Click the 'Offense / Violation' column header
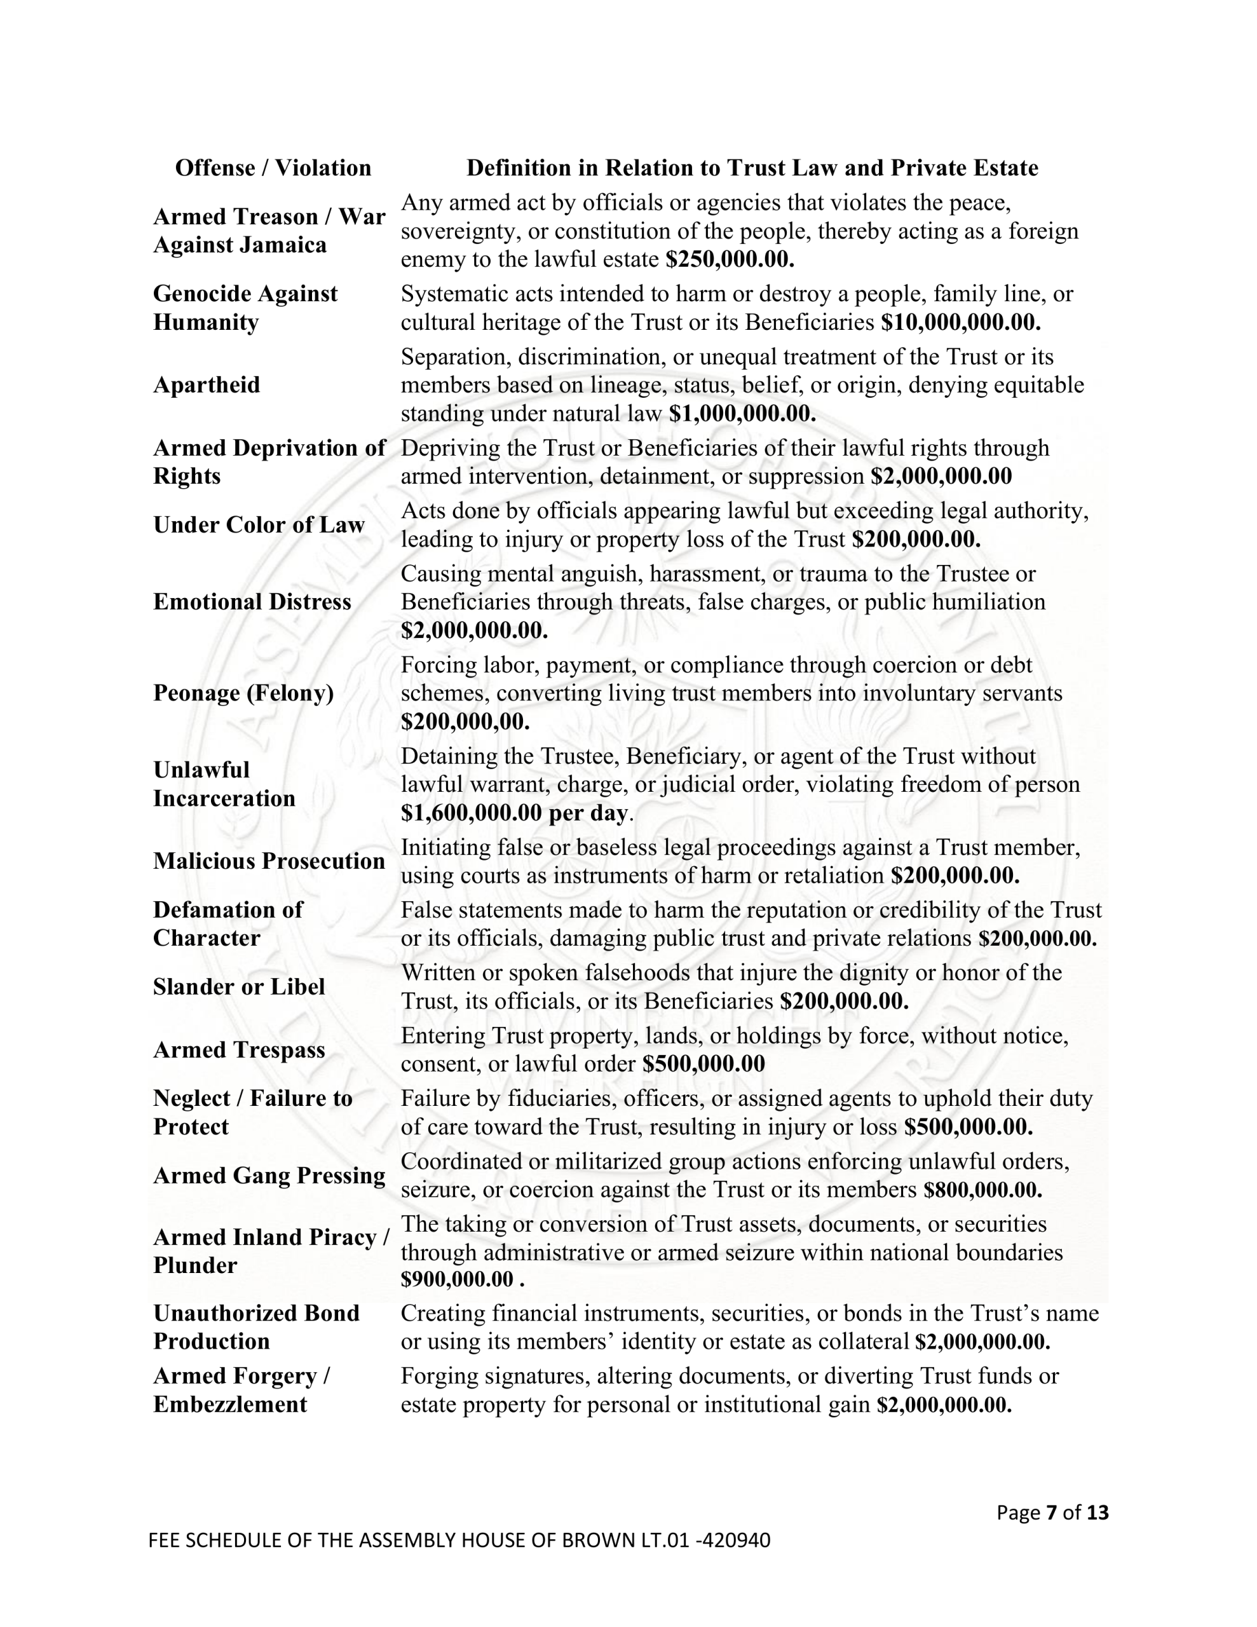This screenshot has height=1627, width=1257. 273,168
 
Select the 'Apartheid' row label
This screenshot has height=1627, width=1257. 207,385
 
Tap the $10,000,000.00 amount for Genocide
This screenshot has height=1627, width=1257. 960,323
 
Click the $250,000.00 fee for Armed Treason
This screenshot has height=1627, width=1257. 730,259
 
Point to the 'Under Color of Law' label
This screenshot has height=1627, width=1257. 259,525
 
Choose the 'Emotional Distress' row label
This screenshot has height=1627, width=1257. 252,602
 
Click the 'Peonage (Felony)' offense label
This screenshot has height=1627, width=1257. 243,693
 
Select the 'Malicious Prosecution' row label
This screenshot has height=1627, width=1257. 269,861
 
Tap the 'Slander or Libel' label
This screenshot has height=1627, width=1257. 239,987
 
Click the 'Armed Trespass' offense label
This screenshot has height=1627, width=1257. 239,1051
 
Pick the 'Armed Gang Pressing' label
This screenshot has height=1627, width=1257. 269,1176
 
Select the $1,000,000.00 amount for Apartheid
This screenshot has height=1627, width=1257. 742,414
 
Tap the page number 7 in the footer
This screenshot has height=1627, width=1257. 1051,1512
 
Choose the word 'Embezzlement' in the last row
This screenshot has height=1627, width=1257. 230,1405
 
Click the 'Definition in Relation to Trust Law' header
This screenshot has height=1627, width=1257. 752,168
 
